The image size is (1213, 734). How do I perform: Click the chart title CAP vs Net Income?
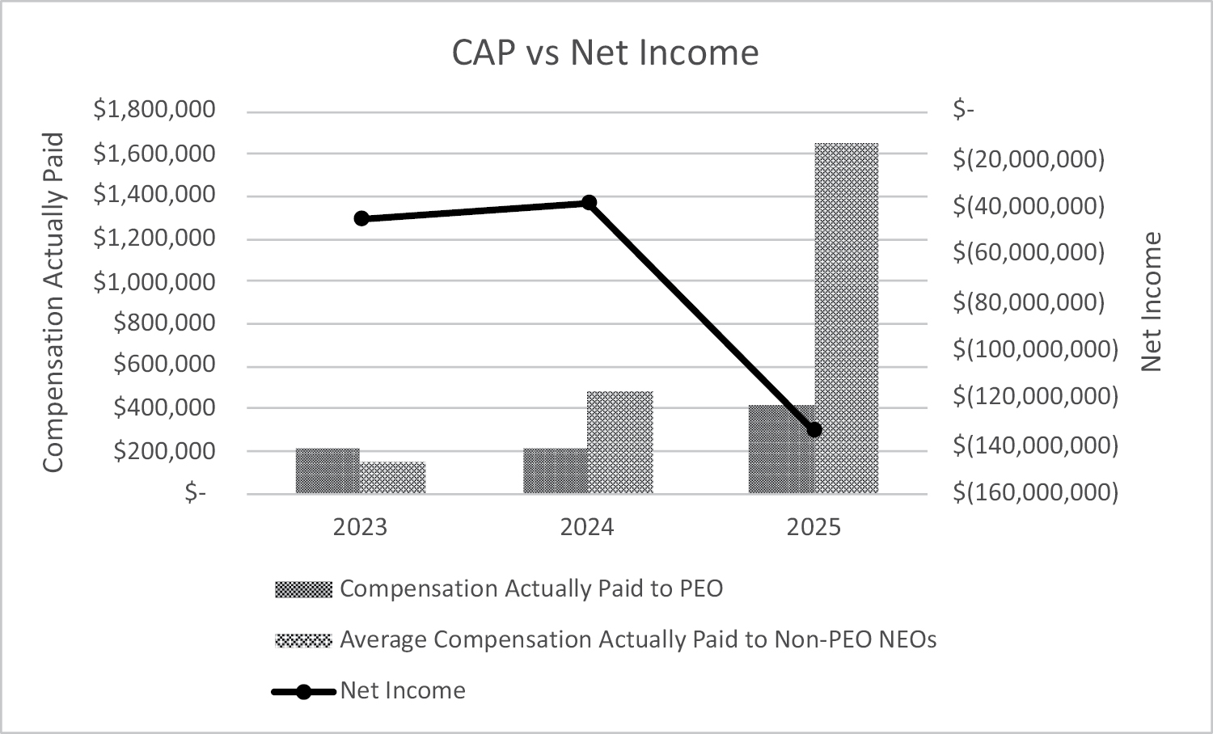(x=605, y=53)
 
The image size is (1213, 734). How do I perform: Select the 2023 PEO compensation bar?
(x=328, y=470)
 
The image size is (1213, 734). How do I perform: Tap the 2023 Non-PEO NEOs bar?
(x=393, y=477)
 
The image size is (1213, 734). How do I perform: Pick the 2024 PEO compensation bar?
(x=556, y=470)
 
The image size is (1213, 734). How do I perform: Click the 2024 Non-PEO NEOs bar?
(x=620, y=442)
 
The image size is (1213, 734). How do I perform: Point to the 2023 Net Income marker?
(x=361, y=218)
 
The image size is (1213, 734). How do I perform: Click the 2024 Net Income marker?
(x=589, y=202)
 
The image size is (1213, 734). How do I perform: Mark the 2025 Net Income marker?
(x=814, y=429)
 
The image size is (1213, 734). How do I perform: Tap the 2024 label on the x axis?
(x=587, y=528)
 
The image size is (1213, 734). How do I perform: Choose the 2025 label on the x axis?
(x=814, y=528)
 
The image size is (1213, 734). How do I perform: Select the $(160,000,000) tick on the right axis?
(x=1035, y=491)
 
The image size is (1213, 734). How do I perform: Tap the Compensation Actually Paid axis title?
(x=53, y=302)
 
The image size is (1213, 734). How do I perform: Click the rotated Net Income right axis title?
(x=1151, y=302)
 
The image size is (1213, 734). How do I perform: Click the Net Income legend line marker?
(x=303, y=691)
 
